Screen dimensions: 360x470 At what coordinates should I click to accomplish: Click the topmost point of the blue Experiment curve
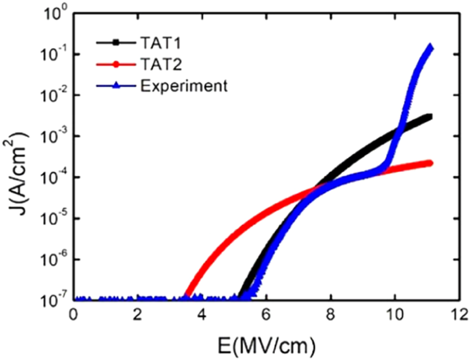tap(430, 47)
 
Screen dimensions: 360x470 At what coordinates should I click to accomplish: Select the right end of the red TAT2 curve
tap(430, 163)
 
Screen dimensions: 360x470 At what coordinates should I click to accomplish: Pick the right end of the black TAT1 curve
tap(430, 117)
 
